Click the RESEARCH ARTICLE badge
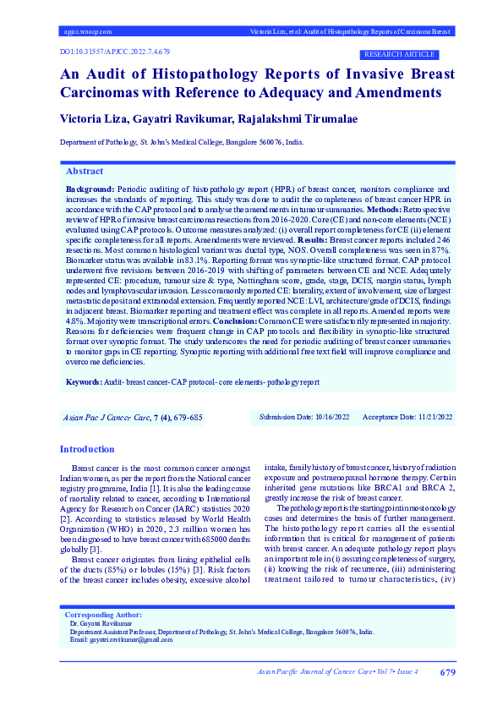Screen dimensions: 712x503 tap(407, 53)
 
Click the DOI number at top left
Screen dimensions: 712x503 tap(109, 52)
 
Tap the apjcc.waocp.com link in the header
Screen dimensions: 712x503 tap(88, 31)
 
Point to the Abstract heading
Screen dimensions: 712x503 tap(85, 170)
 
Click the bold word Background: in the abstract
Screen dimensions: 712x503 tap(90, 189)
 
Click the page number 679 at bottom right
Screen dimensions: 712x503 tap(448, 672)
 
